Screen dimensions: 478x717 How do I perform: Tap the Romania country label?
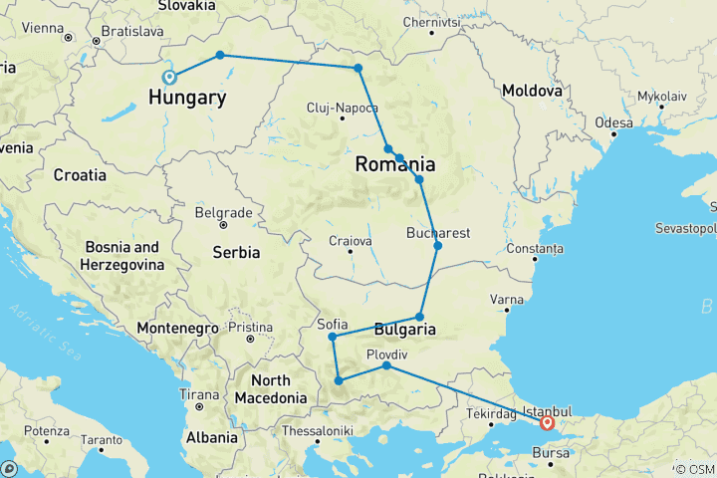click(x=396, y=164)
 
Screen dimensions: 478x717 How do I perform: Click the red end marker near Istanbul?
click(x=547, y=422)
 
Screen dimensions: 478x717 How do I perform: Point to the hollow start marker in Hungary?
click(x=169, y=77)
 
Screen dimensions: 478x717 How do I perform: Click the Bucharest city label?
click(x=438, y=233)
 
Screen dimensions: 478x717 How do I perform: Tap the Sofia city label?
click(x=332, y=324)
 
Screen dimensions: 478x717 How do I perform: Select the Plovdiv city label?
click(x=387, y=354)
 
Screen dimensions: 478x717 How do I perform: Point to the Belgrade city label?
click(x=223, y=213)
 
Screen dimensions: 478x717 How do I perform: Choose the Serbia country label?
click(x=236, y=253)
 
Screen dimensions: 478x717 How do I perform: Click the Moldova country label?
click(x=532, y=91)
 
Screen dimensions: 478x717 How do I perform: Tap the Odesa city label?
click(x=613, y=122)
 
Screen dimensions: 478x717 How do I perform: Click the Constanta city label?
click(x=535, y=247)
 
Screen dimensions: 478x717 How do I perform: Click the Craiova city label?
click(x=351, y=240)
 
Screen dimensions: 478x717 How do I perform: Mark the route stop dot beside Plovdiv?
click(x=386, y=366)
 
